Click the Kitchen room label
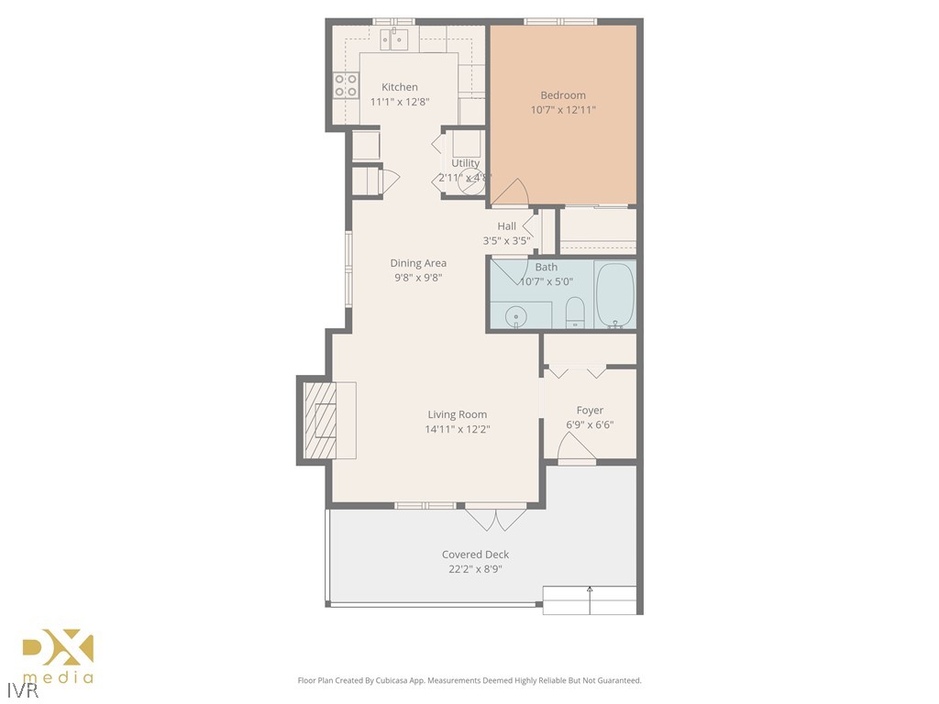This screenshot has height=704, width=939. pos(400,87)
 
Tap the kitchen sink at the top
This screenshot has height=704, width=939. pos(394,38)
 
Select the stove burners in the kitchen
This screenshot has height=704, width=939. pos(346,85)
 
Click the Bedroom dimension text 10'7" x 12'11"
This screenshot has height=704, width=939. pos(563,110)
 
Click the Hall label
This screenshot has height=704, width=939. pos(506,226)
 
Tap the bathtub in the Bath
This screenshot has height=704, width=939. pos(614,294)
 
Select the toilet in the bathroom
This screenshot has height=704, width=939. pos(575,312)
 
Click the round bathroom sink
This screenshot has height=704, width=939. pos(518,315)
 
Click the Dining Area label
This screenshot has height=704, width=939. pos(418,263)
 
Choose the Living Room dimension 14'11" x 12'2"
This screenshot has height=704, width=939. pos(458,429)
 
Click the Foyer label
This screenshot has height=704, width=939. pos(590,411)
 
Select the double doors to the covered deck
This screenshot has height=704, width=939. pos(495,518)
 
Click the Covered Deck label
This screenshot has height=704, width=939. pos(475,555)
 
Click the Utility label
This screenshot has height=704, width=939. pos(465,163)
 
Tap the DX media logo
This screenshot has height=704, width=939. pos(58,656)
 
